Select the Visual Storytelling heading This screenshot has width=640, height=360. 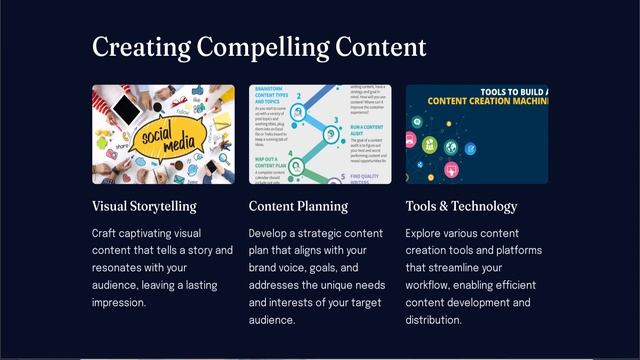click(144, 207)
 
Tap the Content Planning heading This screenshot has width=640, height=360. click(298, 207)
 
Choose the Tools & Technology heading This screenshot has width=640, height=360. click(461, 207)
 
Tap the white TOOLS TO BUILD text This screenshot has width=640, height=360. click(510, 91)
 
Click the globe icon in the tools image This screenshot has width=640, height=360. click(451, 148)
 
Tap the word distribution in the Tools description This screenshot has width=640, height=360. click(433, 320)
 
